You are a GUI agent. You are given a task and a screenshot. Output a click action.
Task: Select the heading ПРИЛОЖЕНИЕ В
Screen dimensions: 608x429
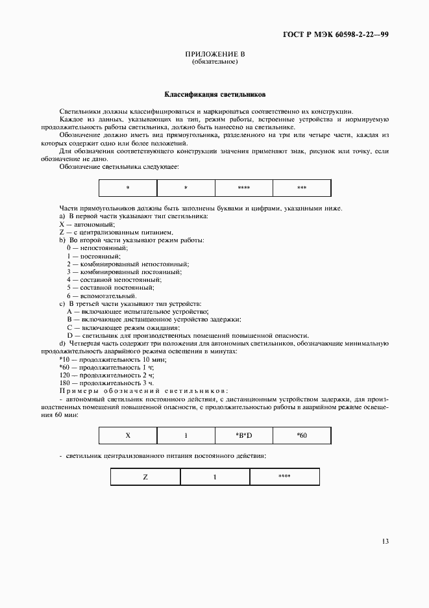click(x=215, y=55)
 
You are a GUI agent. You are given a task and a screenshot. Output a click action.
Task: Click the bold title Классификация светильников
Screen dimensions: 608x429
click(x=214, y=94)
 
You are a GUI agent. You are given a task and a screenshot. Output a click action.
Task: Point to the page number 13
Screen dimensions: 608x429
click(x=385, y=540)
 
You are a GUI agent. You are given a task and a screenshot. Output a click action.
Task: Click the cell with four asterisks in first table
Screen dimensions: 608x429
click(x=244, y=188)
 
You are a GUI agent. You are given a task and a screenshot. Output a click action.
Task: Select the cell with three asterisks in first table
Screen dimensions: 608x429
click(x=302, y=188)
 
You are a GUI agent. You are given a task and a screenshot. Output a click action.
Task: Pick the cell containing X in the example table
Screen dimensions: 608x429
click(x=127, y=435)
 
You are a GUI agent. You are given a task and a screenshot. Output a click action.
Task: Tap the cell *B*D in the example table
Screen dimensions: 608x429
click(x=244, y=435)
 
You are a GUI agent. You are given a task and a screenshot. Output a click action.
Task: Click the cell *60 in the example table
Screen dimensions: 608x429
click(x=302, y=435)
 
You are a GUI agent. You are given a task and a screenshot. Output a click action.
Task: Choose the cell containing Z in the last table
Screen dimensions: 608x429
click(x=145, y=476)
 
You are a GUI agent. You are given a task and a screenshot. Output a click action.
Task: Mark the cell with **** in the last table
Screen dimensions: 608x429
click(x=284, y=476)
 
